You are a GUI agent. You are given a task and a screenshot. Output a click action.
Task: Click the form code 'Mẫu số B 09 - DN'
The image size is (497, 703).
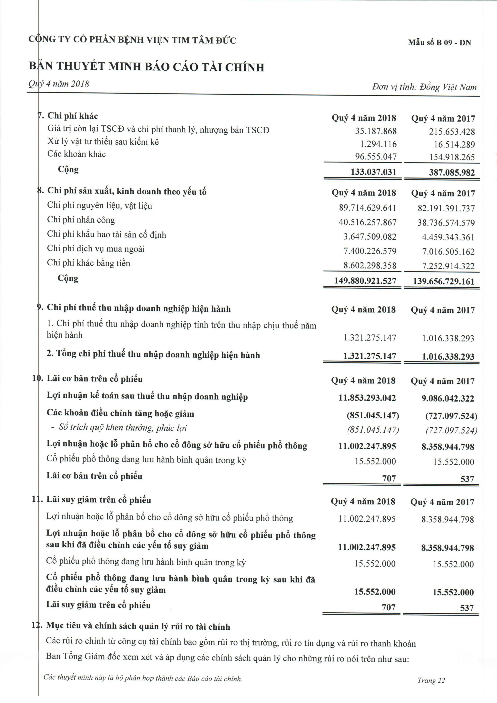click(x=439, y=43)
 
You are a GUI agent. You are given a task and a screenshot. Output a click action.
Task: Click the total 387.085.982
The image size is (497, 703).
click(x=452, y=172)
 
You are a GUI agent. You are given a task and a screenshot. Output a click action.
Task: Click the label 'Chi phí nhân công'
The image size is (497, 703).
click(x=81, y=220)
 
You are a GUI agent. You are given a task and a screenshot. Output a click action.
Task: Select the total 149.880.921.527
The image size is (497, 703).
click(x=365, y=281)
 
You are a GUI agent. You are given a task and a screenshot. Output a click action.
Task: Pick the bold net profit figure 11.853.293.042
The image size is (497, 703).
click(x=367, y=398)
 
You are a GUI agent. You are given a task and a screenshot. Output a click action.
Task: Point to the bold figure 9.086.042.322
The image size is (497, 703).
click(x=448, y=398)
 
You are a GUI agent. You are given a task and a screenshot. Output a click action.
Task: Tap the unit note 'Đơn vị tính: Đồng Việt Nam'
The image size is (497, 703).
click(x=424, y=87)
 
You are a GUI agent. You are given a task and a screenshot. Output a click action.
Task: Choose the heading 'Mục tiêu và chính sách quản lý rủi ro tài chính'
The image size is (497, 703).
click(x=138, y=626)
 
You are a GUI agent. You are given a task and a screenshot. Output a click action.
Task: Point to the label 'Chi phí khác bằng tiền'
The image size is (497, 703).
click(x=88, y=263)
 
